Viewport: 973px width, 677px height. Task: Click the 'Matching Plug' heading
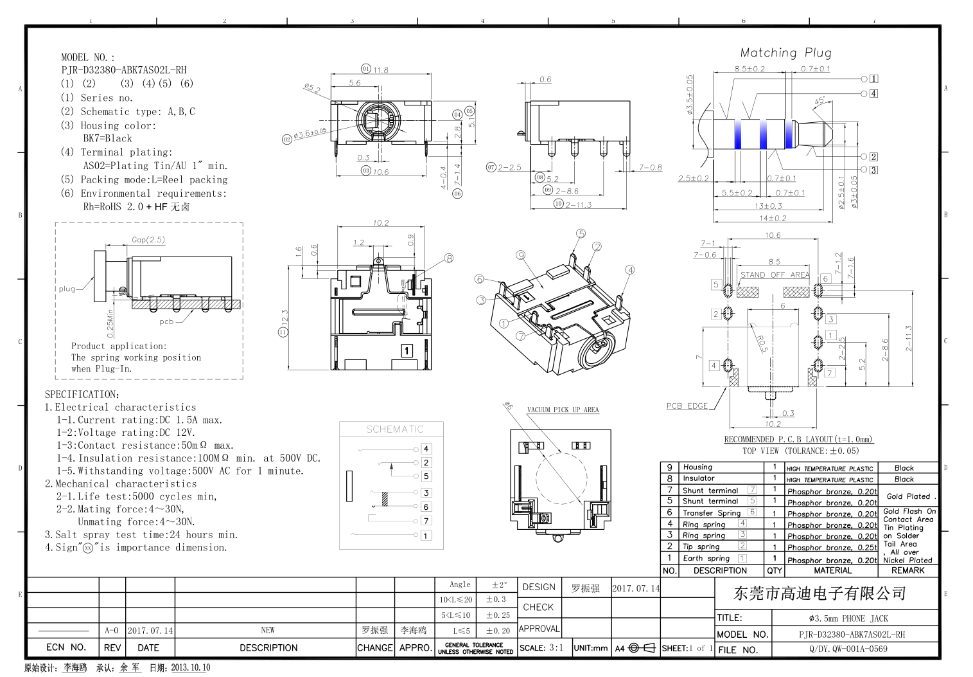tap(785, 53)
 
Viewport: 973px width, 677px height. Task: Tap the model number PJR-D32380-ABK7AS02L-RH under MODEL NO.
tap(124, 70)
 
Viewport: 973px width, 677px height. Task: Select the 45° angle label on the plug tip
tap(820, 102)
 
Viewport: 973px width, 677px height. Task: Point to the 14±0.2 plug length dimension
tap(773, 218)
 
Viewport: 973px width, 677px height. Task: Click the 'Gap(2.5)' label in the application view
tap(148, 240)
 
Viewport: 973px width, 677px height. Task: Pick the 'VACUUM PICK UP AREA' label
tap(563, 410)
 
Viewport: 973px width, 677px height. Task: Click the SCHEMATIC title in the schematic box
tap(395, 429)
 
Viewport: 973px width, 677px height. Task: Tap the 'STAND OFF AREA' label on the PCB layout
tap(775, 275)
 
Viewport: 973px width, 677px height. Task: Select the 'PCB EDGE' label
tap(687, 406)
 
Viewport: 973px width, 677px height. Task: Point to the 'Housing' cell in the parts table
tap(697, 467)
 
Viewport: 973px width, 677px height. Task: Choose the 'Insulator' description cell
tap(699, 478)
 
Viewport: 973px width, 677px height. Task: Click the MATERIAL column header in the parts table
tap(832, 570)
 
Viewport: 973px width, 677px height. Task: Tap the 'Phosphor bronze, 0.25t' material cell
tap(832, 547)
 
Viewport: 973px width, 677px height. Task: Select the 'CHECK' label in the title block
tap(538, 607)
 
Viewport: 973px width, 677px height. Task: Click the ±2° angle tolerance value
tap(499, 585)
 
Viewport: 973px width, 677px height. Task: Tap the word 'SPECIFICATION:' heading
tap(82, 394)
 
